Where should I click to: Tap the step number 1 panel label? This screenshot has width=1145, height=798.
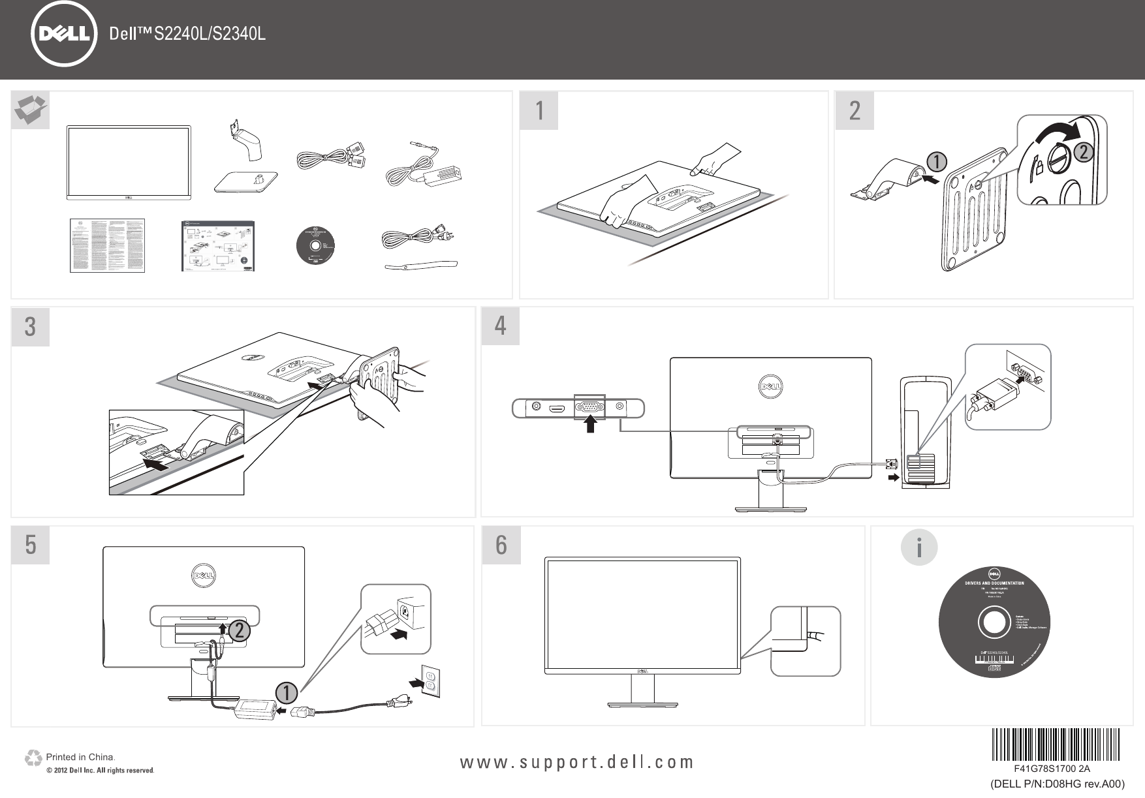[539, 111]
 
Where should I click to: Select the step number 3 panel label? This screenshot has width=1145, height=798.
[30, 327]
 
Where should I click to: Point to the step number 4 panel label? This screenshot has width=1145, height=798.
[501, 326]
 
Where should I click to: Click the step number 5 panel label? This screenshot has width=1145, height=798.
[30, 545]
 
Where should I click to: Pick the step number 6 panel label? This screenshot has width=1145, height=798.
[501, 545]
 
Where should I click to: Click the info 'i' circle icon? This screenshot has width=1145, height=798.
[919, 548]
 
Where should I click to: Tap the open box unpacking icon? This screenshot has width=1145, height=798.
[31, 110]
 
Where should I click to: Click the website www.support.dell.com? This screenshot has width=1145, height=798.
[578, 762]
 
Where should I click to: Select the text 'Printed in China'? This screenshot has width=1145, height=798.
[80, 758]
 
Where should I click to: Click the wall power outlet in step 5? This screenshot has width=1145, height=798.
[431, 681]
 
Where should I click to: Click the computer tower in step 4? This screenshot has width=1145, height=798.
[925, 432]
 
